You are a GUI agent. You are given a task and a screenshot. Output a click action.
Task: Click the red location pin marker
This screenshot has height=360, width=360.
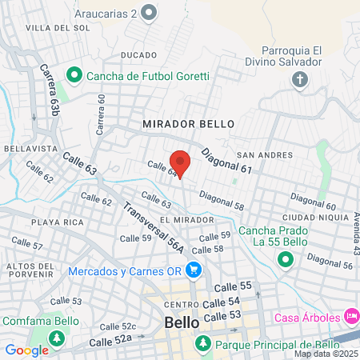click(180, 162)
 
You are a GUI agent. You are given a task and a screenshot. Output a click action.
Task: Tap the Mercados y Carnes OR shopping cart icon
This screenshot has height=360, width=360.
click(192, 270)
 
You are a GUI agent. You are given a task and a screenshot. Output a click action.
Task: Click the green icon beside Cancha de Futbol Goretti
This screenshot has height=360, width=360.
click(74, 76)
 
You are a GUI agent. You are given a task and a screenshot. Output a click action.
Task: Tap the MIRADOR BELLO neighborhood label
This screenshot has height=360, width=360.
click(189, 125)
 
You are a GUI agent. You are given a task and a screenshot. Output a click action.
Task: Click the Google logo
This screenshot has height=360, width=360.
click(26, 350)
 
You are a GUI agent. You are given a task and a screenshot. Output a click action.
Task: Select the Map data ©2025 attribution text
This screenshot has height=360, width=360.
click(326, 354)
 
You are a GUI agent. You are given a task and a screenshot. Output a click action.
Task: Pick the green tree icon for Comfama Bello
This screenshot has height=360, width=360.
click(57, 339)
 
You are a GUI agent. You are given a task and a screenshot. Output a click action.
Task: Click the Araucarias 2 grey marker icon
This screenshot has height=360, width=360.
click(148, 12)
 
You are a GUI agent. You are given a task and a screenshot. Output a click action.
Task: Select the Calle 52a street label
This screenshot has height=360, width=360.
click(110, 341)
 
